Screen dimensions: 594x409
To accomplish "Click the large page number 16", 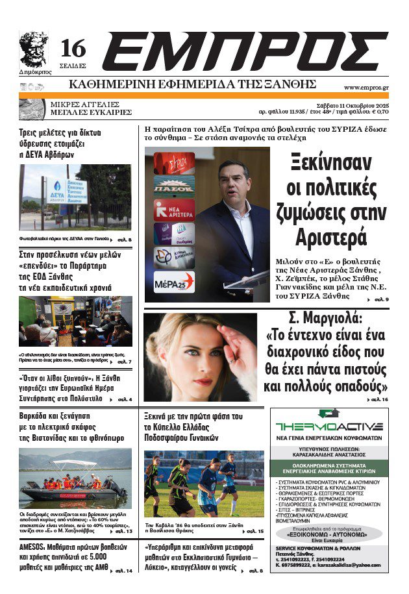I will tap(73, 49).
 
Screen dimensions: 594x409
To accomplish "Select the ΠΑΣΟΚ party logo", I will tap(173, 186).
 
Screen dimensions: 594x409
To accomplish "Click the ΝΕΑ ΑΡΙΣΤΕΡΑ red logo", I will tap(173, 210).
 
